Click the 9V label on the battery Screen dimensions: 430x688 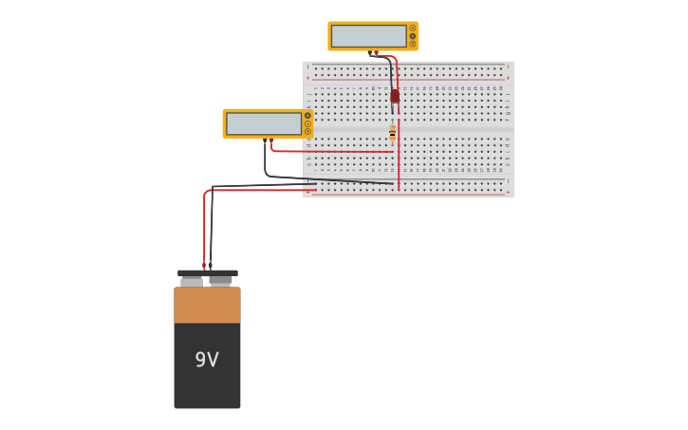click(207, 360)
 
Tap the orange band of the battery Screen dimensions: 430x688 click(207, 305)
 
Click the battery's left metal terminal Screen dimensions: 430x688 click(192, 281)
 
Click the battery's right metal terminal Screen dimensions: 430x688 click(221, 280)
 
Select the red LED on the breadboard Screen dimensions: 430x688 click(395, 96)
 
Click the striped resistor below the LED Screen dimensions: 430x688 click(392, 133)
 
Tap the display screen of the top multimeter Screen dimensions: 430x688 click(369, 36)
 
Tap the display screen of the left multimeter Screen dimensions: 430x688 click(264, 123)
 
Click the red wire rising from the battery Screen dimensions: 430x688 click(204, 228)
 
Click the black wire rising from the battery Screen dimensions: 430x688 click(211, 228)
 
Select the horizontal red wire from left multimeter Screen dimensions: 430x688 click(332, 151)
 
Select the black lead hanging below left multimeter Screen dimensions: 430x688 click(265, 159)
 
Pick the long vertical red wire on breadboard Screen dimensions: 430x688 click(399, 152)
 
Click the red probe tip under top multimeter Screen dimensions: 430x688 click(377, 53)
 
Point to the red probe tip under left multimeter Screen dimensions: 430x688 click(270, 140)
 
